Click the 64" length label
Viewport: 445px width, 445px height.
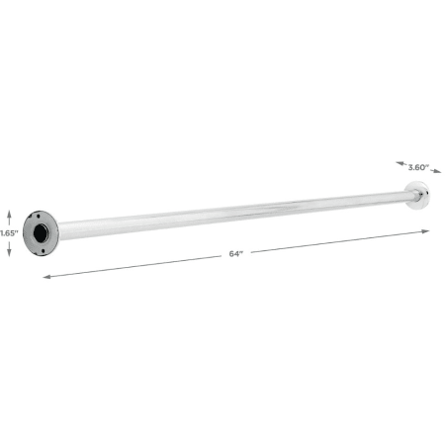[234, 254]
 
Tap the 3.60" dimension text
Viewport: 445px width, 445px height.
[418, 168]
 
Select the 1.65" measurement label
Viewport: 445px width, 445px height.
[9, 232]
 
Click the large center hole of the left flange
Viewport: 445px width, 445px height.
[43, 232]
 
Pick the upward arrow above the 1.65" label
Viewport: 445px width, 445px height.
[10, 215]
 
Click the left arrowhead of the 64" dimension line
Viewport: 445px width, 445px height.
[45, 277]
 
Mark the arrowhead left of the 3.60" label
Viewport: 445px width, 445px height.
[398, 163]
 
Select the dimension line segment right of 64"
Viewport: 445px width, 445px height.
[336, 242]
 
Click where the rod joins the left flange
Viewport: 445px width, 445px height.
[59, 229]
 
